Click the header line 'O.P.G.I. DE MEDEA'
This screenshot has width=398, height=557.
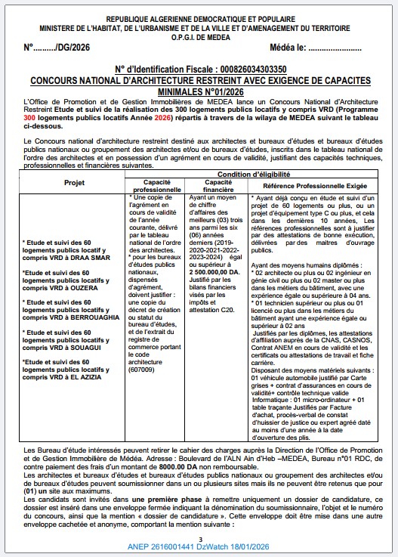tap(199, 35)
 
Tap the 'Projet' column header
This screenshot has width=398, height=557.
tap(74, 183)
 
